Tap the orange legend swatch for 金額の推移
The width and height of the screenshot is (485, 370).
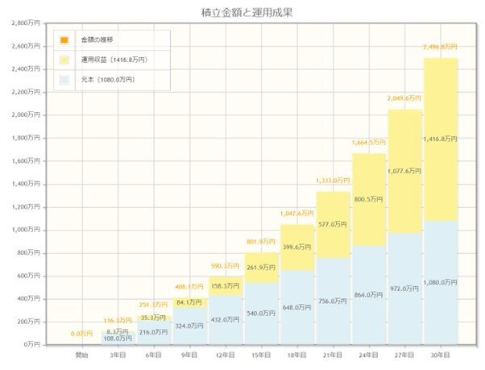[64, 39]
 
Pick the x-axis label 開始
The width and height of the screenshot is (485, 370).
[81, 355]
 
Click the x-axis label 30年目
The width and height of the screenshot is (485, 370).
[440, 355]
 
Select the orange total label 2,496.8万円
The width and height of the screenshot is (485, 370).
[440, 48]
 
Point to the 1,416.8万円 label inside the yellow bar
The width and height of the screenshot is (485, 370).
[440, 139]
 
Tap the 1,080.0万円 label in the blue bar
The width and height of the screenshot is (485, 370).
[440, 282]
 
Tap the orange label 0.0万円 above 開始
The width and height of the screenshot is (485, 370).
[81, 333]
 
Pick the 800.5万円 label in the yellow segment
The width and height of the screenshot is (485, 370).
[369, 197]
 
